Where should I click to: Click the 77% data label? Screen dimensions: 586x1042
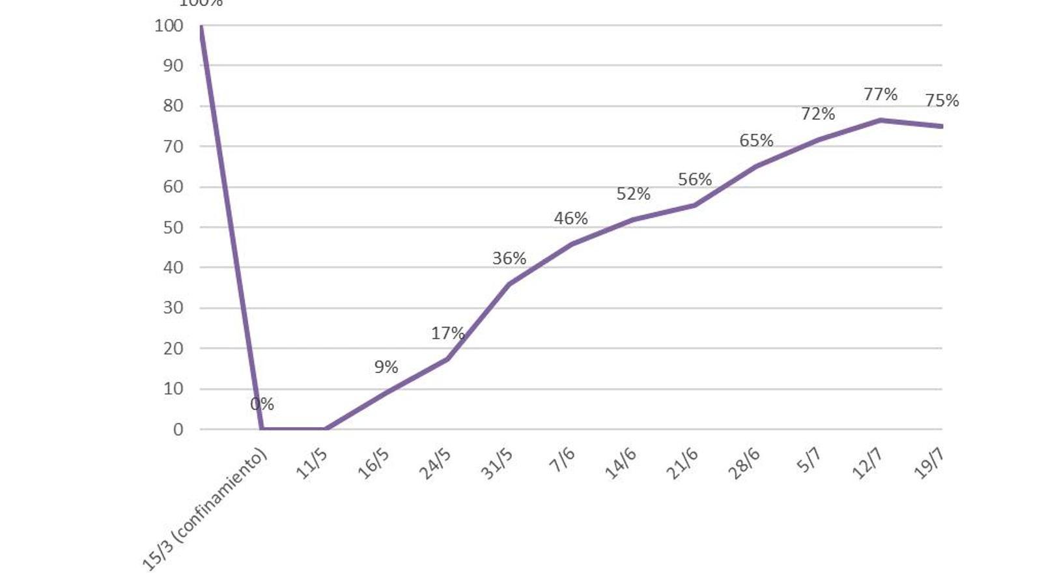pyautogui.click(x=880, y=94)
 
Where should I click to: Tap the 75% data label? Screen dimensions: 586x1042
pyautogui.click(x=942, y=101)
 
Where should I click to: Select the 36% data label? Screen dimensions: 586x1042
pyautogui.click(x=509, y=258)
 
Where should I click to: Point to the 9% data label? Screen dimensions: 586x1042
pyautogui.click(x=386, y=367)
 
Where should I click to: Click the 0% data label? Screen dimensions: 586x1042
pyautogui.click(x=262, y=404)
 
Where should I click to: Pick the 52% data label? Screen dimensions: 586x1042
pyautogui.click(x=633, y=194)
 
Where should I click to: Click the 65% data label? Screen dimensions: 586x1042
pyautogui.click(x=756, y=141)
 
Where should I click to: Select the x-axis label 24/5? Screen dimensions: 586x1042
pyautogui.click(x=434, y=464)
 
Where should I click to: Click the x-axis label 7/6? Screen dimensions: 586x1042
pyautogui.click(x=562, y=460)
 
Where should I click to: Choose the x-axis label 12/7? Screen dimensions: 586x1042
pyautogui.click(x=867, y=464)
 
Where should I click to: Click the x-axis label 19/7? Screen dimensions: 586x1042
pyautogui.click(x=929, y=464)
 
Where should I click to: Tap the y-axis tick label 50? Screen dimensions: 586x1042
pyautogui.click(x=173, y=228)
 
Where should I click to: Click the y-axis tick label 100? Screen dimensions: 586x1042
pyautogui.click(x=169, y=26)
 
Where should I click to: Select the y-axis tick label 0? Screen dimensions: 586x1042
pyautogui.click(x=178, y=430)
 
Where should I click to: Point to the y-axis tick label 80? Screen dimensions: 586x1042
pyautogui.click(x=173, y=106)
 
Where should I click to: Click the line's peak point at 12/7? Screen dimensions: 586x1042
pyautogui.click(x=880, y=120)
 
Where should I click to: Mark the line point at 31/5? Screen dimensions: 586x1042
pyautogui.click(x=509, y=284)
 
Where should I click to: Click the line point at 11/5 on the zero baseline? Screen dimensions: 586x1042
pyautogui.click(x=324, y=429)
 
